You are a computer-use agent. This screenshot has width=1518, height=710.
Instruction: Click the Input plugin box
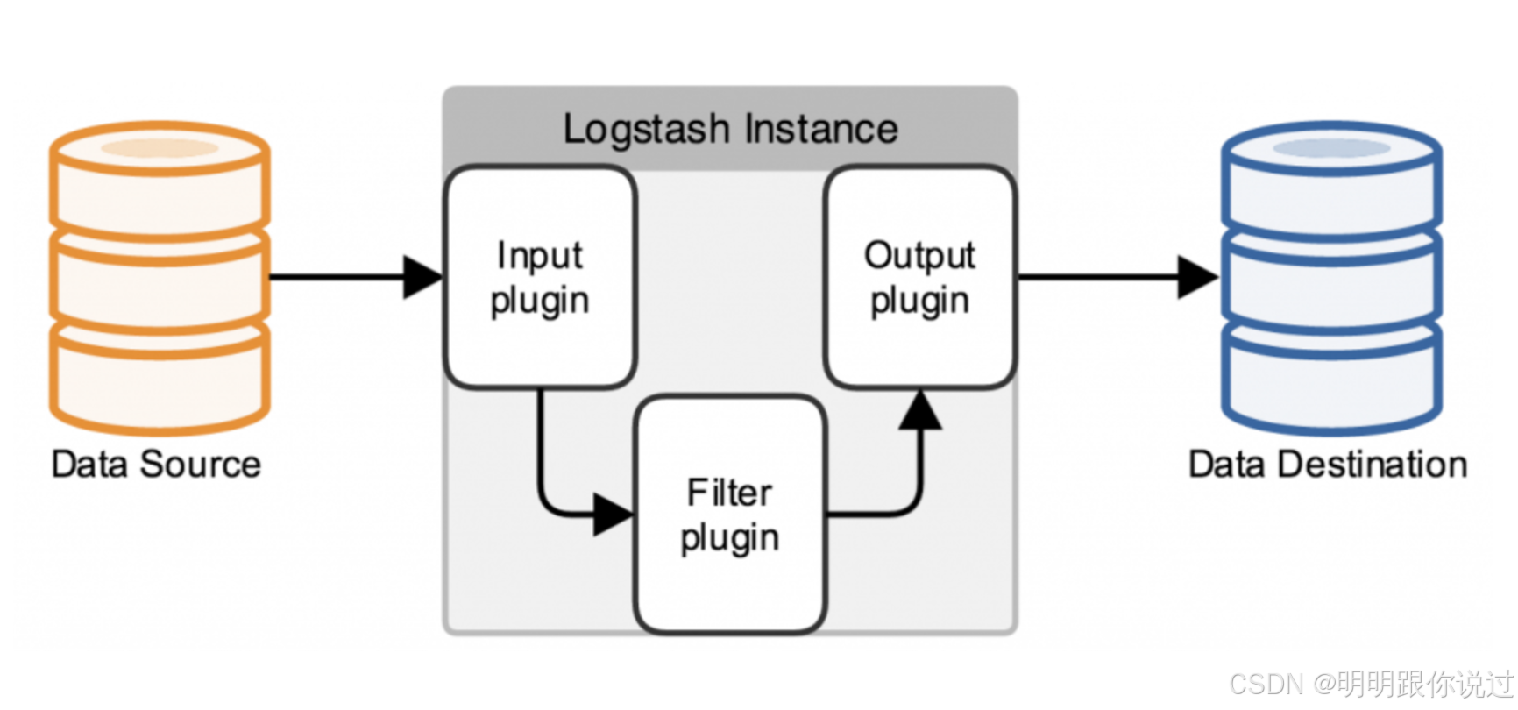point(540,277)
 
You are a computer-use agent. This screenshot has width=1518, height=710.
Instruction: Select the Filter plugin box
point(730,515)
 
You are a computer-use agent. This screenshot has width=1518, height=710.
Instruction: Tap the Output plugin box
point(919,277)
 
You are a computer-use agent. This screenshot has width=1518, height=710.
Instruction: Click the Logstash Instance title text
point(730,130)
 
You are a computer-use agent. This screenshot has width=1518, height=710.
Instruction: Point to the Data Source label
point(156,465)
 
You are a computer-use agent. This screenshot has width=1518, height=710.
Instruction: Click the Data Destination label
point(1327,465)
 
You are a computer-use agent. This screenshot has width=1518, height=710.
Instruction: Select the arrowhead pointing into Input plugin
point(422,277)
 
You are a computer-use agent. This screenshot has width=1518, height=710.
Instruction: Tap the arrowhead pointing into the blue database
point(1196,277)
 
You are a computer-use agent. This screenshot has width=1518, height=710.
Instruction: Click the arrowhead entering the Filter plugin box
point(613,515)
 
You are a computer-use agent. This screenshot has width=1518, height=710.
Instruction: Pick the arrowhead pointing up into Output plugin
point(919,410)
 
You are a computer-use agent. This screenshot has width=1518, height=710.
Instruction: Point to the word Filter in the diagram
point(729,493)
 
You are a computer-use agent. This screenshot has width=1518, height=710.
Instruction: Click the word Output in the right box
point(919,256)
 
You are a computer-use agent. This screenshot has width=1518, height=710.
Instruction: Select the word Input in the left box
point(539,256)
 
